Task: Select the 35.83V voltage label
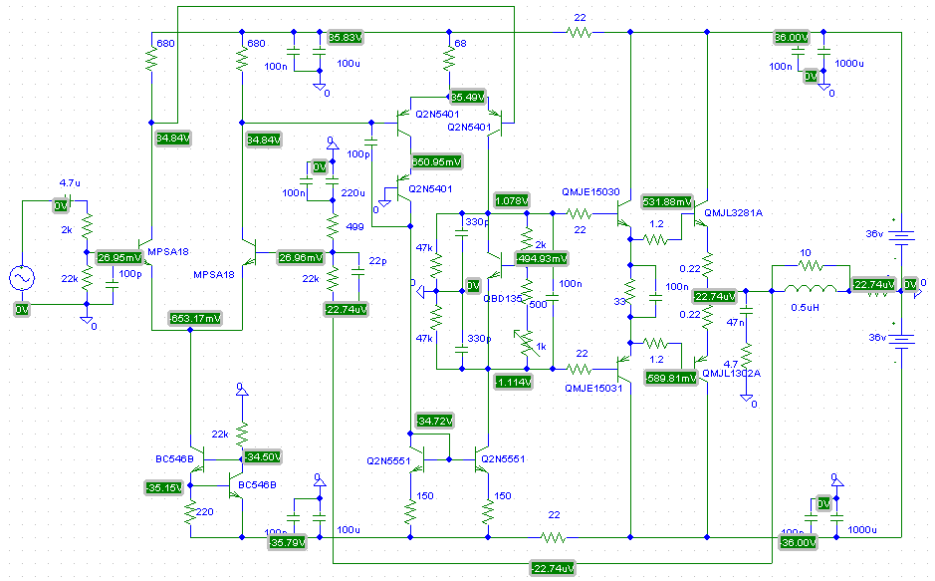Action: [x=346, y=37]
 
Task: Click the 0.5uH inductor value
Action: [x=805, y=305]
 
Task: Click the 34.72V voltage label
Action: [x=436, y=421]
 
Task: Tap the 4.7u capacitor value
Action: [x=70, y=183]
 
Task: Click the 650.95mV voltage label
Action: [x=436, y=161]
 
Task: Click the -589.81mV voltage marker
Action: [x=669, y=378]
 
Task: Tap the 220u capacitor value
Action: [x=353, y=192]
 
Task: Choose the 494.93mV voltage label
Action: [x=541, y=258]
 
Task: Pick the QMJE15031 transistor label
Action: [x=594, y=388]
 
